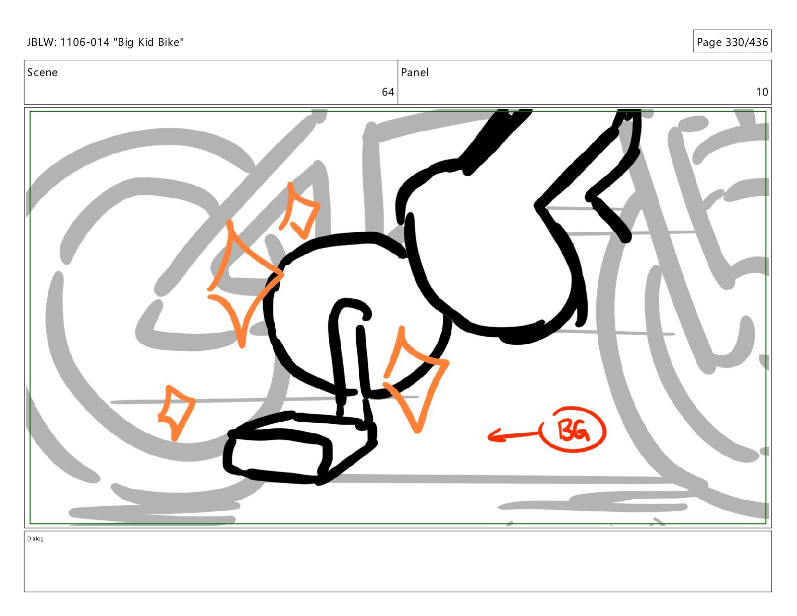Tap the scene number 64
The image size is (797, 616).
(387, 92)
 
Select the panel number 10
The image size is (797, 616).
(762, 92)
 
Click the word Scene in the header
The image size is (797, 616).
(42, 72)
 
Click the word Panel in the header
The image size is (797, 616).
(415, 72)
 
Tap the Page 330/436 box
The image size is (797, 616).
(732, 41)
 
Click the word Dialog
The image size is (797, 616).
(35, 538)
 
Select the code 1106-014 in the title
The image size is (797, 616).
(85, 42)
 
